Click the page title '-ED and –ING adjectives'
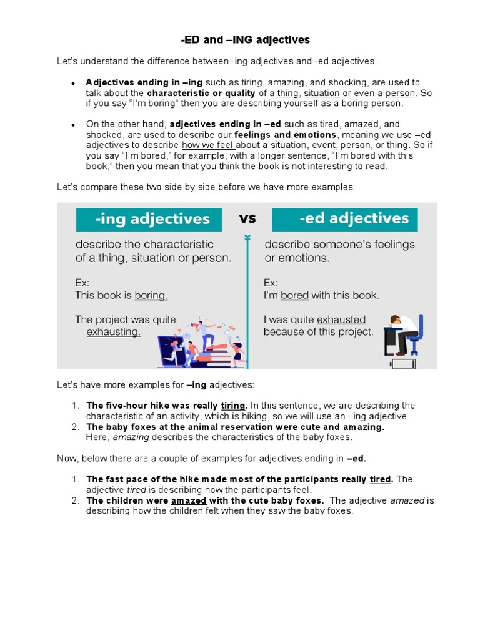pos(245,40)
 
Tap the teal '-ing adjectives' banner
pos(149,220)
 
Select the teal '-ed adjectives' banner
pos(345,219)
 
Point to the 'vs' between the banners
pos(247,218)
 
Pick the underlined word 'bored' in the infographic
pos(294,295)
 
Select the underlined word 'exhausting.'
pos(113,332)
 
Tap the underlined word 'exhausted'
pos(341,319)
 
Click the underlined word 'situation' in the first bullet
pos(321,93)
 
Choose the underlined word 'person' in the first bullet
pos(400,93)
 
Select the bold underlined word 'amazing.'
pos(363,427)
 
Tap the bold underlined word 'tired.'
pos(381,479)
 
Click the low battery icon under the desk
pos(398,363)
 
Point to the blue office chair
pos(415,334)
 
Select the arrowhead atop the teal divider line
pos(247,238)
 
